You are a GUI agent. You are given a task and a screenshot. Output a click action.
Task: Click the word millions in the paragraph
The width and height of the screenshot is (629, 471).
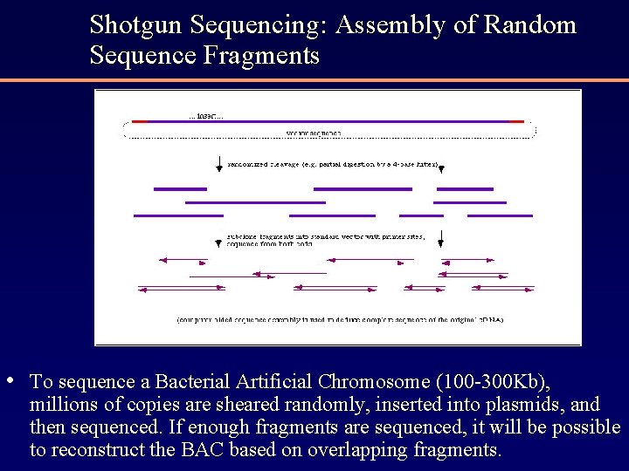pos(62,405)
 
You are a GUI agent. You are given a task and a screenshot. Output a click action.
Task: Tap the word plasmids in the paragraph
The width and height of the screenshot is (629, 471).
pos(533,405)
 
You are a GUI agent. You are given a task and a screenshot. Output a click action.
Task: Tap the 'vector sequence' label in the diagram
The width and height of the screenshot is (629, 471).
pos(314,133)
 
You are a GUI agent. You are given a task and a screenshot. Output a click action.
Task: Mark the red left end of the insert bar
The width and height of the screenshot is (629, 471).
pos(140,121)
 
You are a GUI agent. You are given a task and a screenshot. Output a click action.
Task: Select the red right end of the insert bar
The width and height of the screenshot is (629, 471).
pos(516,121)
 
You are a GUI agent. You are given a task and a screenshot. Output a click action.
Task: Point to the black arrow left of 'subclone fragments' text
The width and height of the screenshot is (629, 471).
pos(219,238)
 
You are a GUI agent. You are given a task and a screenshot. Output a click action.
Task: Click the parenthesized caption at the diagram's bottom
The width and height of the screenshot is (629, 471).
pos(340,319)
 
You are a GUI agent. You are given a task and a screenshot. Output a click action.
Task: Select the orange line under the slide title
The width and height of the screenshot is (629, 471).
pos(314,80)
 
